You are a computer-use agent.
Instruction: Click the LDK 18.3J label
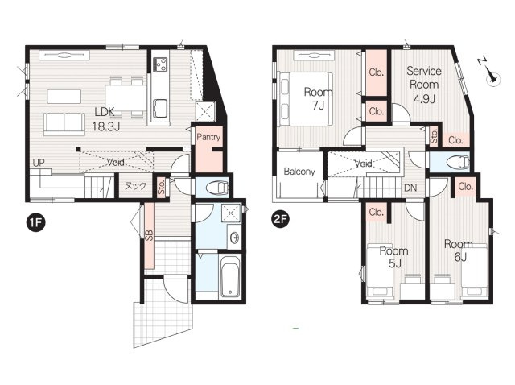(x=105, y=119)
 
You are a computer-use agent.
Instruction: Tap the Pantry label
(x=208, y=137)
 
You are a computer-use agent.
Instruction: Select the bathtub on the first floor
(x=230, y=276)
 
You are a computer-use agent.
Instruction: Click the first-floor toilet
(x=217, y=188)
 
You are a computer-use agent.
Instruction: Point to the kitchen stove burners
(x=161, y=64)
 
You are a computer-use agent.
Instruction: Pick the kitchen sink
(x=159, y=109)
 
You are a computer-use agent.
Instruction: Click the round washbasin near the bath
(x=235, y=238)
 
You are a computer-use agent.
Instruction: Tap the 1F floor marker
(x=35, y=222)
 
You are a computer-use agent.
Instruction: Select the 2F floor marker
(x=280, y=218)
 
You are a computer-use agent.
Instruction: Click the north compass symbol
(x=490, y=73)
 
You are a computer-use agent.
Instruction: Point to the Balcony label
(x=299, y=172)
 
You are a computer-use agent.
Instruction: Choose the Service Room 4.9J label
(x=424, y=85)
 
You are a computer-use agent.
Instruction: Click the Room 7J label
(x=318, y=98)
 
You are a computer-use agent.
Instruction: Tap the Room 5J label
(x=393, y=257)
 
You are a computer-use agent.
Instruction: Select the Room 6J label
(x=459, y=250)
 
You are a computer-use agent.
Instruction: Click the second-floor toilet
(x=459, y=162)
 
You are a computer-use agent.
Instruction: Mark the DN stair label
(x=410, y=188)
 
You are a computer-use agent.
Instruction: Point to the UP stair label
(x=39, y=163)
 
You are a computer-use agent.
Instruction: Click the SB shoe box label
(x=149, y=235)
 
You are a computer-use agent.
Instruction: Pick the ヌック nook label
(x=135, y=186)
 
